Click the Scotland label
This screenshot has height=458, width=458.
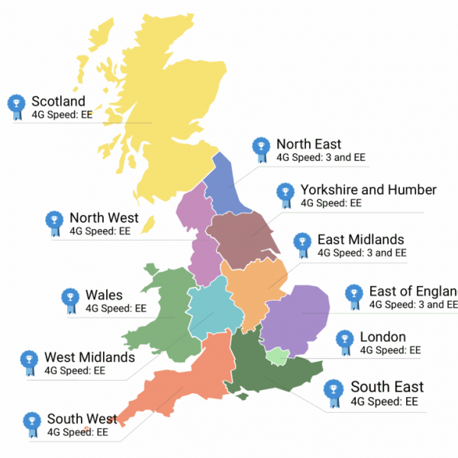pyautogui.click(x=58, y=102)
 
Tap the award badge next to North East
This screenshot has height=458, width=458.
pyautogui.click(x=261, y=149)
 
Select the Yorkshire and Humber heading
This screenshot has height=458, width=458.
pyautogui.click(x=368, y=190)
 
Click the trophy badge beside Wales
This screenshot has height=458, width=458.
pyautogui.click(x=69, y=300)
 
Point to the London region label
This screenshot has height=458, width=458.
pyautogui.click(x=382, y=337)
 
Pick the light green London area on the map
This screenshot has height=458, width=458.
pyautogui.click(x=277, y=355)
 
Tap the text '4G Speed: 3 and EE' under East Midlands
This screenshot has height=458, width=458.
pyautogui.click(x=362, y=253)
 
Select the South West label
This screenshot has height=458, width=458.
pyautogui.click(x=82, y=419)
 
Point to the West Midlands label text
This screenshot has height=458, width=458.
pyautogui.click(x=89, y=357)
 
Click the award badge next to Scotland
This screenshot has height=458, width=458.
pyautogui.click(x=16, y=107)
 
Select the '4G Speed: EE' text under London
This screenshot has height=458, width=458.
pyautogui.click(x=390, y=350)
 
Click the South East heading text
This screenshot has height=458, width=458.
pyautogui.click(x=387, y=387)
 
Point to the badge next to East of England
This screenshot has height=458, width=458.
pyautogui.click(x=353, y=297)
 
